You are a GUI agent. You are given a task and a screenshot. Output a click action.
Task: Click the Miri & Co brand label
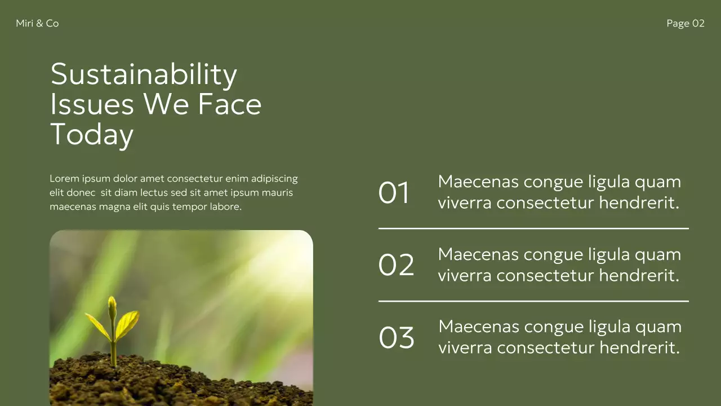37,23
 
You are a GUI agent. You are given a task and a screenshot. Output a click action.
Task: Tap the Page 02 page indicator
685,23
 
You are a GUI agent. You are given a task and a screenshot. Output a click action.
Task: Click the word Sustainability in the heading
144,74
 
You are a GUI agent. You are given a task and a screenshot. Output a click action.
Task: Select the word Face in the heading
230,104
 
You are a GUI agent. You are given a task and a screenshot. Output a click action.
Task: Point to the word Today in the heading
92,135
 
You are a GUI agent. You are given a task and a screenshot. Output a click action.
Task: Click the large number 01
394,193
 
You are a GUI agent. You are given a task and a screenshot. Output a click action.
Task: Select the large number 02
396,265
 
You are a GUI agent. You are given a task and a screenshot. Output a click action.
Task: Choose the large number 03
396,337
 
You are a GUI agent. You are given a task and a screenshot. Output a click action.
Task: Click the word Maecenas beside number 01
478,182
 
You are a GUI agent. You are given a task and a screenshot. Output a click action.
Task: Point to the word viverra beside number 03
465,347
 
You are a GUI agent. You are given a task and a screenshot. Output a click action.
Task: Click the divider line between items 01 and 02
533,228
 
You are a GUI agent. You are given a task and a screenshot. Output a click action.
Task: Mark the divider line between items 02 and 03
533,301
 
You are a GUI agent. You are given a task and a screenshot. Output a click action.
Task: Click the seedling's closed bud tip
112,306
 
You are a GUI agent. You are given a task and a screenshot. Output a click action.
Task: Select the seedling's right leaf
127,324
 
